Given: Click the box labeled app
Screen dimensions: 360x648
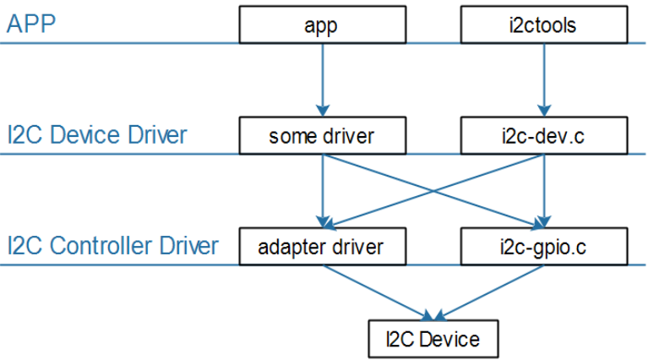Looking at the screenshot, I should [x=321, y=25].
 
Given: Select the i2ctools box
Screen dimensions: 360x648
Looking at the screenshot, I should [x=544, y=25].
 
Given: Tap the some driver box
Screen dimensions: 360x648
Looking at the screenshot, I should [x=321, y=136].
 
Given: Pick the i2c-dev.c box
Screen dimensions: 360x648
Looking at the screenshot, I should [x=544, y=136].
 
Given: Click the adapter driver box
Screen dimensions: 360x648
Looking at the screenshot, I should [x=321, y=247].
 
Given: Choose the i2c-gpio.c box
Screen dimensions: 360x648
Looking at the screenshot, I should [x=544, y=247].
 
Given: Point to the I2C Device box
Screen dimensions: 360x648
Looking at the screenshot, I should [x=433, y=339].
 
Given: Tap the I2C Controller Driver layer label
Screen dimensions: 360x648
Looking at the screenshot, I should [x=112, y=247].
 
